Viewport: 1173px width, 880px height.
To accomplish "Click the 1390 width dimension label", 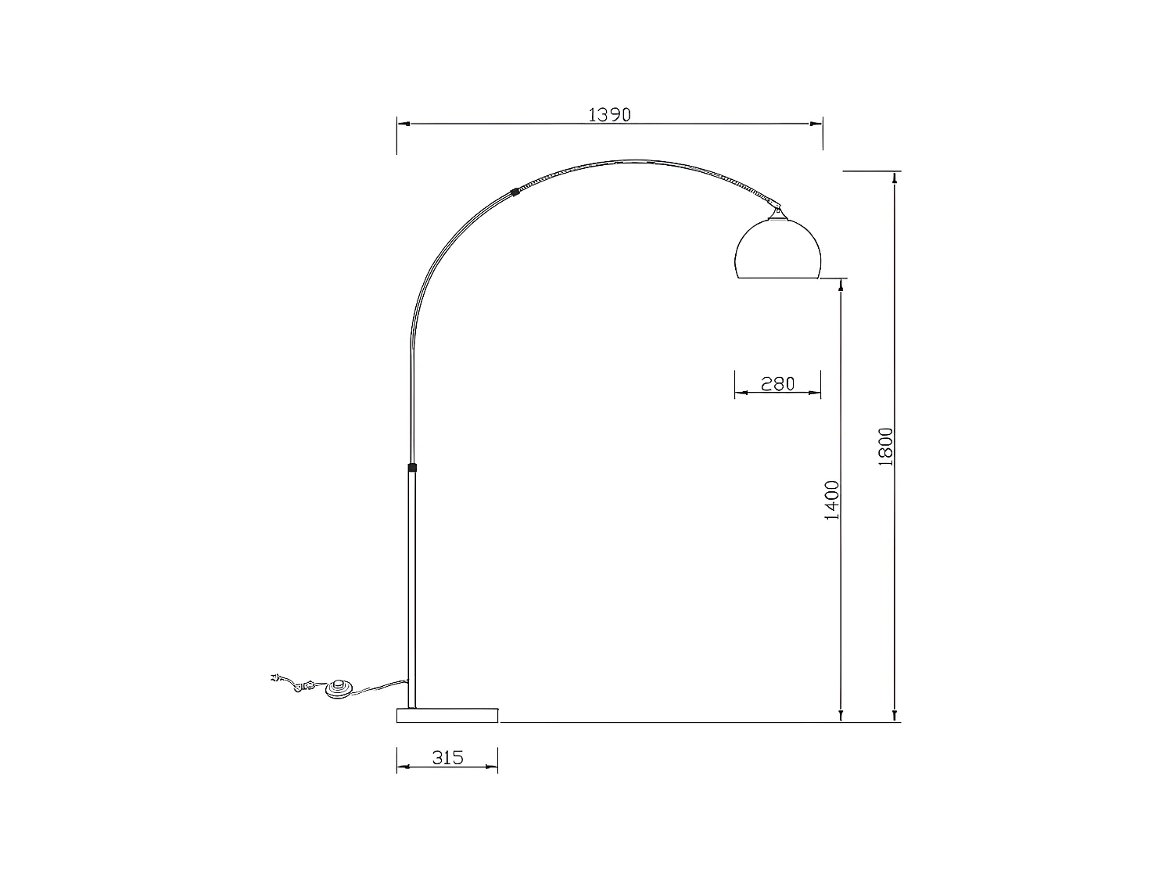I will [x=609, y=114].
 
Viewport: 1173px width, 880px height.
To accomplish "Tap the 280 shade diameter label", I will [x=777, y=383].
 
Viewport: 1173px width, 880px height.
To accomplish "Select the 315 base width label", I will [x=447, y=757].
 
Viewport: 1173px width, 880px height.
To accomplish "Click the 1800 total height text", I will [x=885, y=447].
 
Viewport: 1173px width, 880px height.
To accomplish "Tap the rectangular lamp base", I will [x=447, y=715].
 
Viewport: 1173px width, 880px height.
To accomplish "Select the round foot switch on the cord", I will [x=339, y=689].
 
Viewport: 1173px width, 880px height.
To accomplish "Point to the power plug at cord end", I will [x=274, y=679].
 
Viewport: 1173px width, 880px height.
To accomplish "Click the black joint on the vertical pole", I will [x=412, y=468].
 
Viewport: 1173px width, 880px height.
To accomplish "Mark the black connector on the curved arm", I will [x=514, y=191].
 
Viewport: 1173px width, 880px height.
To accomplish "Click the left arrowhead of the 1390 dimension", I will [x=402, y=124].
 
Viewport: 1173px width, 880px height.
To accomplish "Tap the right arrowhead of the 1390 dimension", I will [x=817, y=124].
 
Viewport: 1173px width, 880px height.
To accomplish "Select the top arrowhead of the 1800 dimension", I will [x=895, y=178].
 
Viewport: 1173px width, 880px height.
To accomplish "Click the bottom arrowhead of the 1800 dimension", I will [x=895, y=715].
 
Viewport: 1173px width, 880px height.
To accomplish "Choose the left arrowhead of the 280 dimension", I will [x=740, y=393].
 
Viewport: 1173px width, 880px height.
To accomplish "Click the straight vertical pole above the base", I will [x=412, y=587].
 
